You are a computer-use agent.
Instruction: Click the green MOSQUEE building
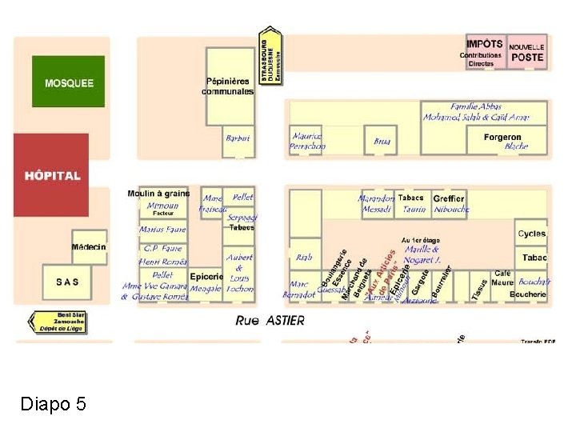coord(68,82)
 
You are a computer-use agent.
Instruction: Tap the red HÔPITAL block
coord(50,174)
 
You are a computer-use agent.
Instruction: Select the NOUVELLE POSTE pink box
coord(526,52)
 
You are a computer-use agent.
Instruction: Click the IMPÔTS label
coord(484,44)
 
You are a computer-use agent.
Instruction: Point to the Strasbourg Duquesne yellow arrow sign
coord(271,56)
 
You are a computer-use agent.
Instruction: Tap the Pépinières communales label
coord(228,86)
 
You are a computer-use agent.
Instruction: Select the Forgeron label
coord(502,138)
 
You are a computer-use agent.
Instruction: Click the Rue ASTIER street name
coord(270,320)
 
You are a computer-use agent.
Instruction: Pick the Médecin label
coord(89,246)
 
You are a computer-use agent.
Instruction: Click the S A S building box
coord(67,282)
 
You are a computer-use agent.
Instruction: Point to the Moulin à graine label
coord(158,193)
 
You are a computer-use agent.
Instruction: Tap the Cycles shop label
coord(531,234)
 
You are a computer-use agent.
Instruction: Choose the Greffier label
coord(449,198)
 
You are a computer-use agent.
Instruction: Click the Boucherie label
coord(527,294)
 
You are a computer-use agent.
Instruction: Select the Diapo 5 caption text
coord(53,404)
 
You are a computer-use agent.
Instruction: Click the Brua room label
coord(382,142)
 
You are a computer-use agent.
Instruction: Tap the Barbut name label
coord(238,138)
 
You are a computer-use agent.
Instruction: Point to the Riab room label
coord(304,258)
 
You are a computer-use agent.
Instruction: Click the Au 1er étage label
coord(421,240)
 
